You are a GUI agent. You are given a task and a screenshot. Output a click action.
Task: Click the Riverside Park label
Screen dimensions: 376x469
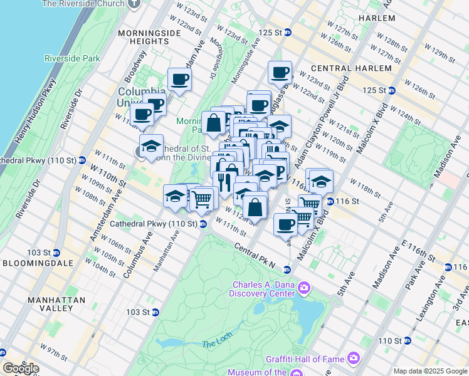[x=73, y=58]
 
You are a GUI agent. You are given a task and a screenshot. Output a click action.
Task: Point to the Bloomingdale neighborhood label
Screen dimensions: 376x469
[x=34, y=263]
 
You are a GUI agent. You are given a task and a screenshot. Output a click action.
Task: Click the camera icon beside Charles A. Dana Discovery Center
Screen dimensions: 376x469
[x=304, y=288]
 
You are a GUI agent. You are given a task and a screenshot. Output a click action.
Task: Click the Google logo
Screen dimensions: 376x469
[x=21, y=368]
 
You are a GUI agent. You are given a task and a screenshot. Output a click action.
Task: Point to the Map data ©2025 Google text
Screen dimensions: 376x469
[x=430, y=371]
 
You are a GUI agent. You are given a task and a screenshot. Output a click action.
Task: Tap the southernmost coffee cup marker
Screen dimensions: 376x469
[x=285, y=224]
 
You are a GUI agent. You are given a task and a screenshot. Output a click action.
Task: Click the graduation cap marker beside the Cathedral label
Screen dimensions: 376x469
[x=150, y=146]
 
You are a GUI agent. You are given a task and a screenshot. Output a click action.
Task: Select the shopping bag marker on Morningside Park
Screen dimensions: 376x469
[x=213, y=122]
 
